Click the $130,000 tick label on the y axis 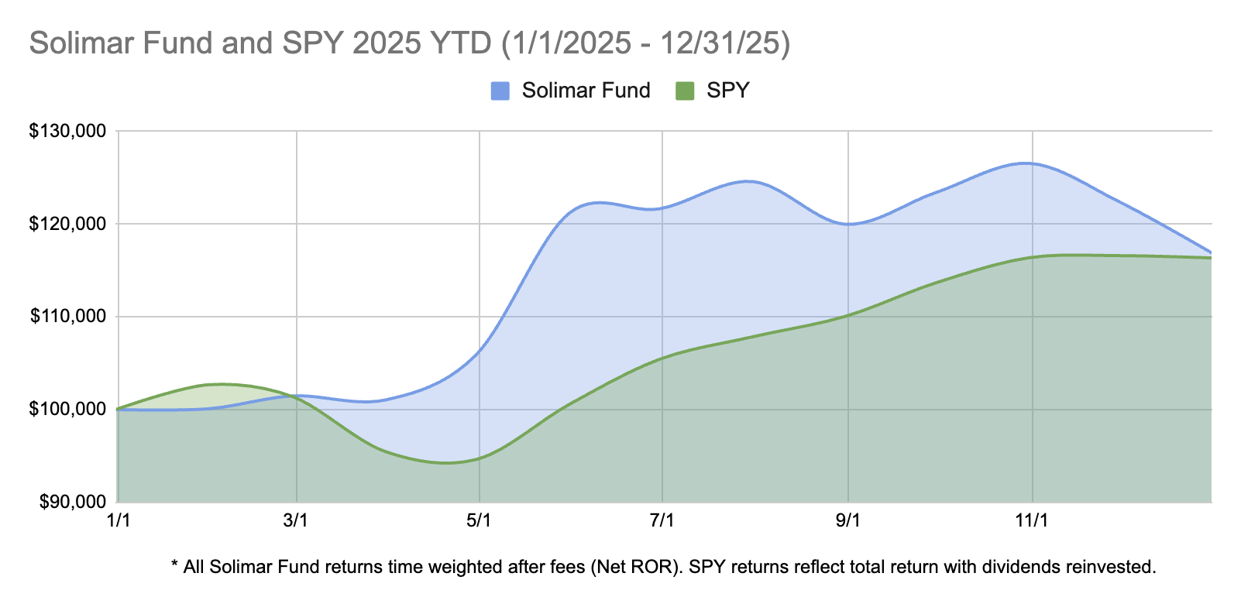pyautogui.click(x=67, y=132)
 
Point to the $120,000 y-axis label pyautogui.click(x=67, y=225)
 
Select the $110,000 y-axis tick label pyautogui.click(x=67, y=317)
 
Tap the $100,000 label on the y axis pyautogui.click(x=67, y=409)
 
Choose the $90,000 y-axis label pyautogui.click(x=70, y=502)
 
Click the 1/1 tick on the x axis pyautogui.click(x=118, y=520)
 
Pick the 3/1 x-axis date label pyautogui.click(x=297, y=520)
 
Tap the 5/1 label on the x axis pyautogui.click(x=480, y=520)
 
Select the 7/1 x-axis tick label pyautogui.click(x=662, y=520)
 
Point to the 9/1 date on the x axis pyautogui.click(x=848, y=520)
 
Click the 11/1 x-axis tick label pyautogui.click(x=1032, y=520)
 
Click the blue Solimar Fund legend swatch pyautogui.click(x=500, y=91)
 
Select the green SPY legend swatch pyautogui.click(x=685, y=91)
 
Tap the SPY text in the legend pyautogui.click(x=728, y=91)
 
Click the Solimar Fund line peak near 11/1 pyautogui.click(x=1026, y=163)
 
